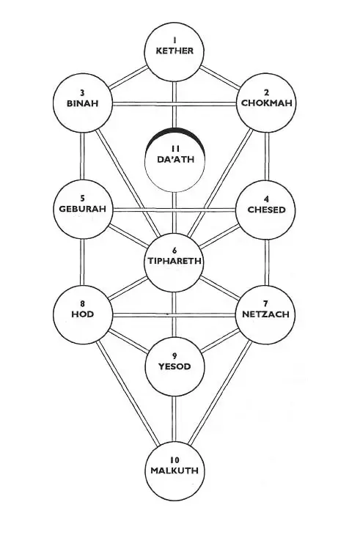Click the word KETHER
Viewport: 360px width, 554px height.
(x=175, y=51)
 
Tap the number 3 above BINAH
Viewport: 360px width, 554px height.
(x=82, y=93)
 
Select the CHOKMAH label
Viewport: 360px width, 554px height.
(x=267, y=103)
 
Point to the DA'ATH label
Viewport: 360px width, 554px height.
(x=176, y=159)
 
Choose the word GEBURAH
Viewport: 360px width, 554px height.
(x=82, y=209)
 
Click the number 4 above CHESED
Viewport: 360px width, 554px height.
(x=266, y=199)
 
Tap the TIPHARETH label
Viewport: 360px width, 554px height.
(x=175, y=261)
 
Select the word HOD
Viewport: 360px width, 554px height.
(x=82, y=314)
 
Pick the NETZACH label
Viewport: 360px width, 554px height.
(x=265, y=314)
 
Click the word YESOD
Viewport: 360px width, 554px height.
(x=175, y=366)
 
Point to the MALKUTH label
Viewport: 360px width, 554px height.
(x=175, y=470)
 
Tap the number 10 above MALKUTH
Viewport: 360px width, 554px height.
(x=175, y=460)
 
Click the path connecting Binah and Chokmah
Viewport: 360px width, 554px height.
(x=174, y=104)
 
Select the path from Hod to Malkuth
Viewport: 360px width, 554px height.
(x=128, y=393)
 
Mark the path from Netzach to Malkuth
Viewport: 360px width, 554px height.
(x=220, y=393)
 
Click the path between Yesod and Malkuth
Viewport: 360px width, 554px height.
(x=174, y=418)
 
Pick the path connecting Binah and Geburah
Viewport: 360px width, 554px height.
(x=82, y=156)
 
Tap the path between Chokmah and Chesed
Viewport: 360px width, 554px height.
(x=267, y=157)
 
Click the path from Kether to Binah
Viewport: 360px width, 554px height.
(x=128, y=77)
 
